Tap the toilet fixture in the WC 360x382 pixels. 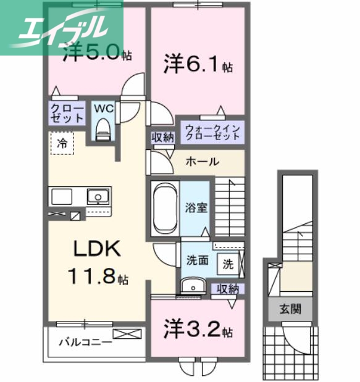tap(103, 129)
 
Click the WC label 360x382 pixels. tap(103, 109)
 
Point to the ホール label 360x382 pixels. tap(202, 162)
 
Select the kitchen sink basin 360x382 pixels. tap(96, 197)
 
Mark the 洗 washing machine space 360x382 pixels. tap(228, 264)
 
